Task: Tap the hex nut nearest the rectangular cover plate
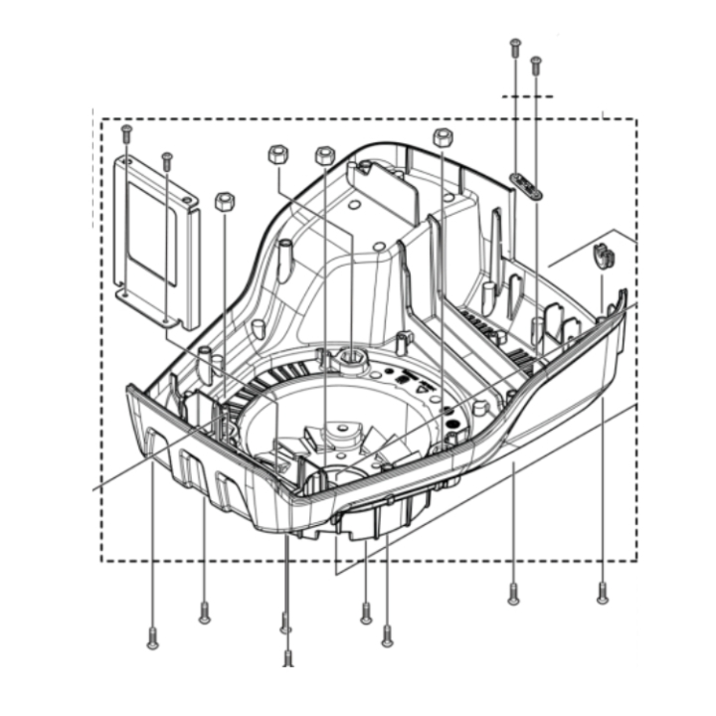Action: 225,201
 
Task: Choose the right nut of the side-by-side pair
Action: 324,155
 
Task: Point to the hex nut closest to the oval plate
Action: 443,137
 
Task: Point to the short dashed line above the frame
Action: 527,96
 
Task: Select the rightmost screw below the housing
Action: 602,595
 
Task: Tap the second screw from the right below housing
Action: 512,595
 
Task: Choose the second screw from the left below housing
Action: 204,614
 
